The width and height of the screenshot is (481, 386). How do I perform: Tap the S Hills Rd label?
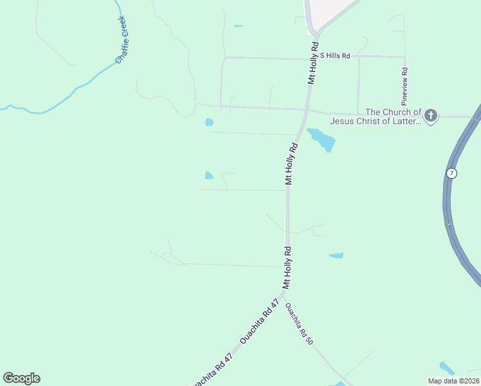(x=335, y=56)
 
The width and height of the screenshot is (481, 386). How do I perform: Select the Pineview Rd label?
(x=404, y=86)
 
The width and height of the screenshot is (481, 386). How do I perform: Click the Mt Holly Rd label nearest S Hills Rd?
(x=313, y=63)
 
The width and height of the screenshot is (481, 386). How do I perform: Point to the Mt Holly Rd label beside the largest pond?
(x=293, y=164)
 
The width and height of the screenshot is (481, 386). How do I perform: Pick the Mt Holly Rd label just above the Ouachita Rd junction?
(x=286, y=267)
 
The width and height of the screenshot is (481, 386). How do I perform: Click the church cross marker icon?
(x=430, y=116)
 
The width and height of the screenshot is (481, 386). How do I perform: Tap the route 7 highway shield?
(x=453, y=174)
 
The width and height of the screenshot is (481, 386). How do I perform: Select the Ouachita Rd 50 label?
(x=299, y=323)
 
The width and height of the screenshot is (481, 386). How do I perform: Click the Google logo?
(x=21, y=378)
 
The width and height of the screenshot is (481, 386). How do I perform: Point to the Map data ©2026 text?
(x=455, y=381)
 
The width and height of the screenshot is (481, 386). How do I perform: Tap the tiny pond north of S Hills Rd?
(x=239, y=26)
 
